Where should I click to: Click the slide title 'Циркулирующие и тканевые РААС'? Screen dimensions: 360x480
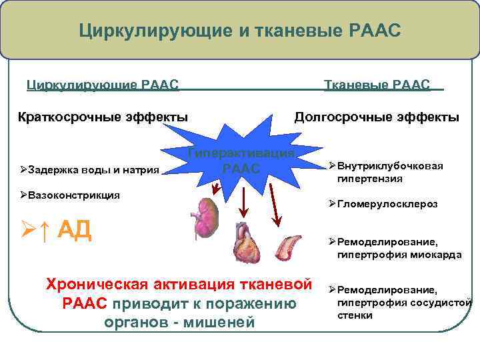click(x=240, y=30)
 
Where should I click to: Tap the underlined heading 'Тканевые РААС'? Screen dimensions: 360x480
click(x=377, y=85)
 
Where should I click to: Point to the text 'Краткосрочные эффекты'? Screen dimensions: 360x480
click(x=101, y=117)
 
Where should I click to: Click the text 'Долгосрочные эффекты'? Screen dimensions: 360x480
click(x=377, y=117)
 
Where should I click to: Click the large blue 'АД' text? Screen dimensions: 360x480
click(x=74, y=229)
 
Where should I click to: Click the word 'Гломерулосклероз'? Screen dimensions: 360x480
click(x=387, y=205)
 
